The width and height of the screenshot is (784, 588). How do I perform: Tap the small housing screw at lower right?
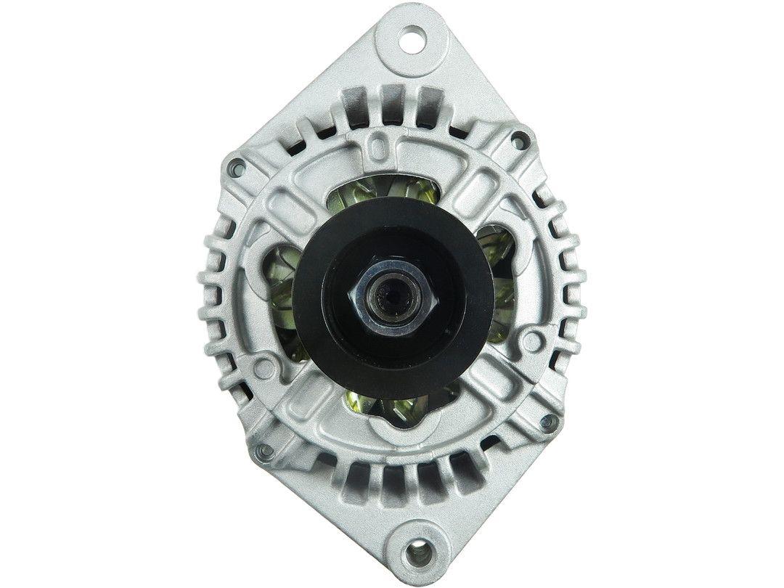[x=549, y=422]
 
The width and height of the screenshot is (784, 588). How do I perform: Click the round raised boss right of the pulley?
[x=535, y=340]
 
